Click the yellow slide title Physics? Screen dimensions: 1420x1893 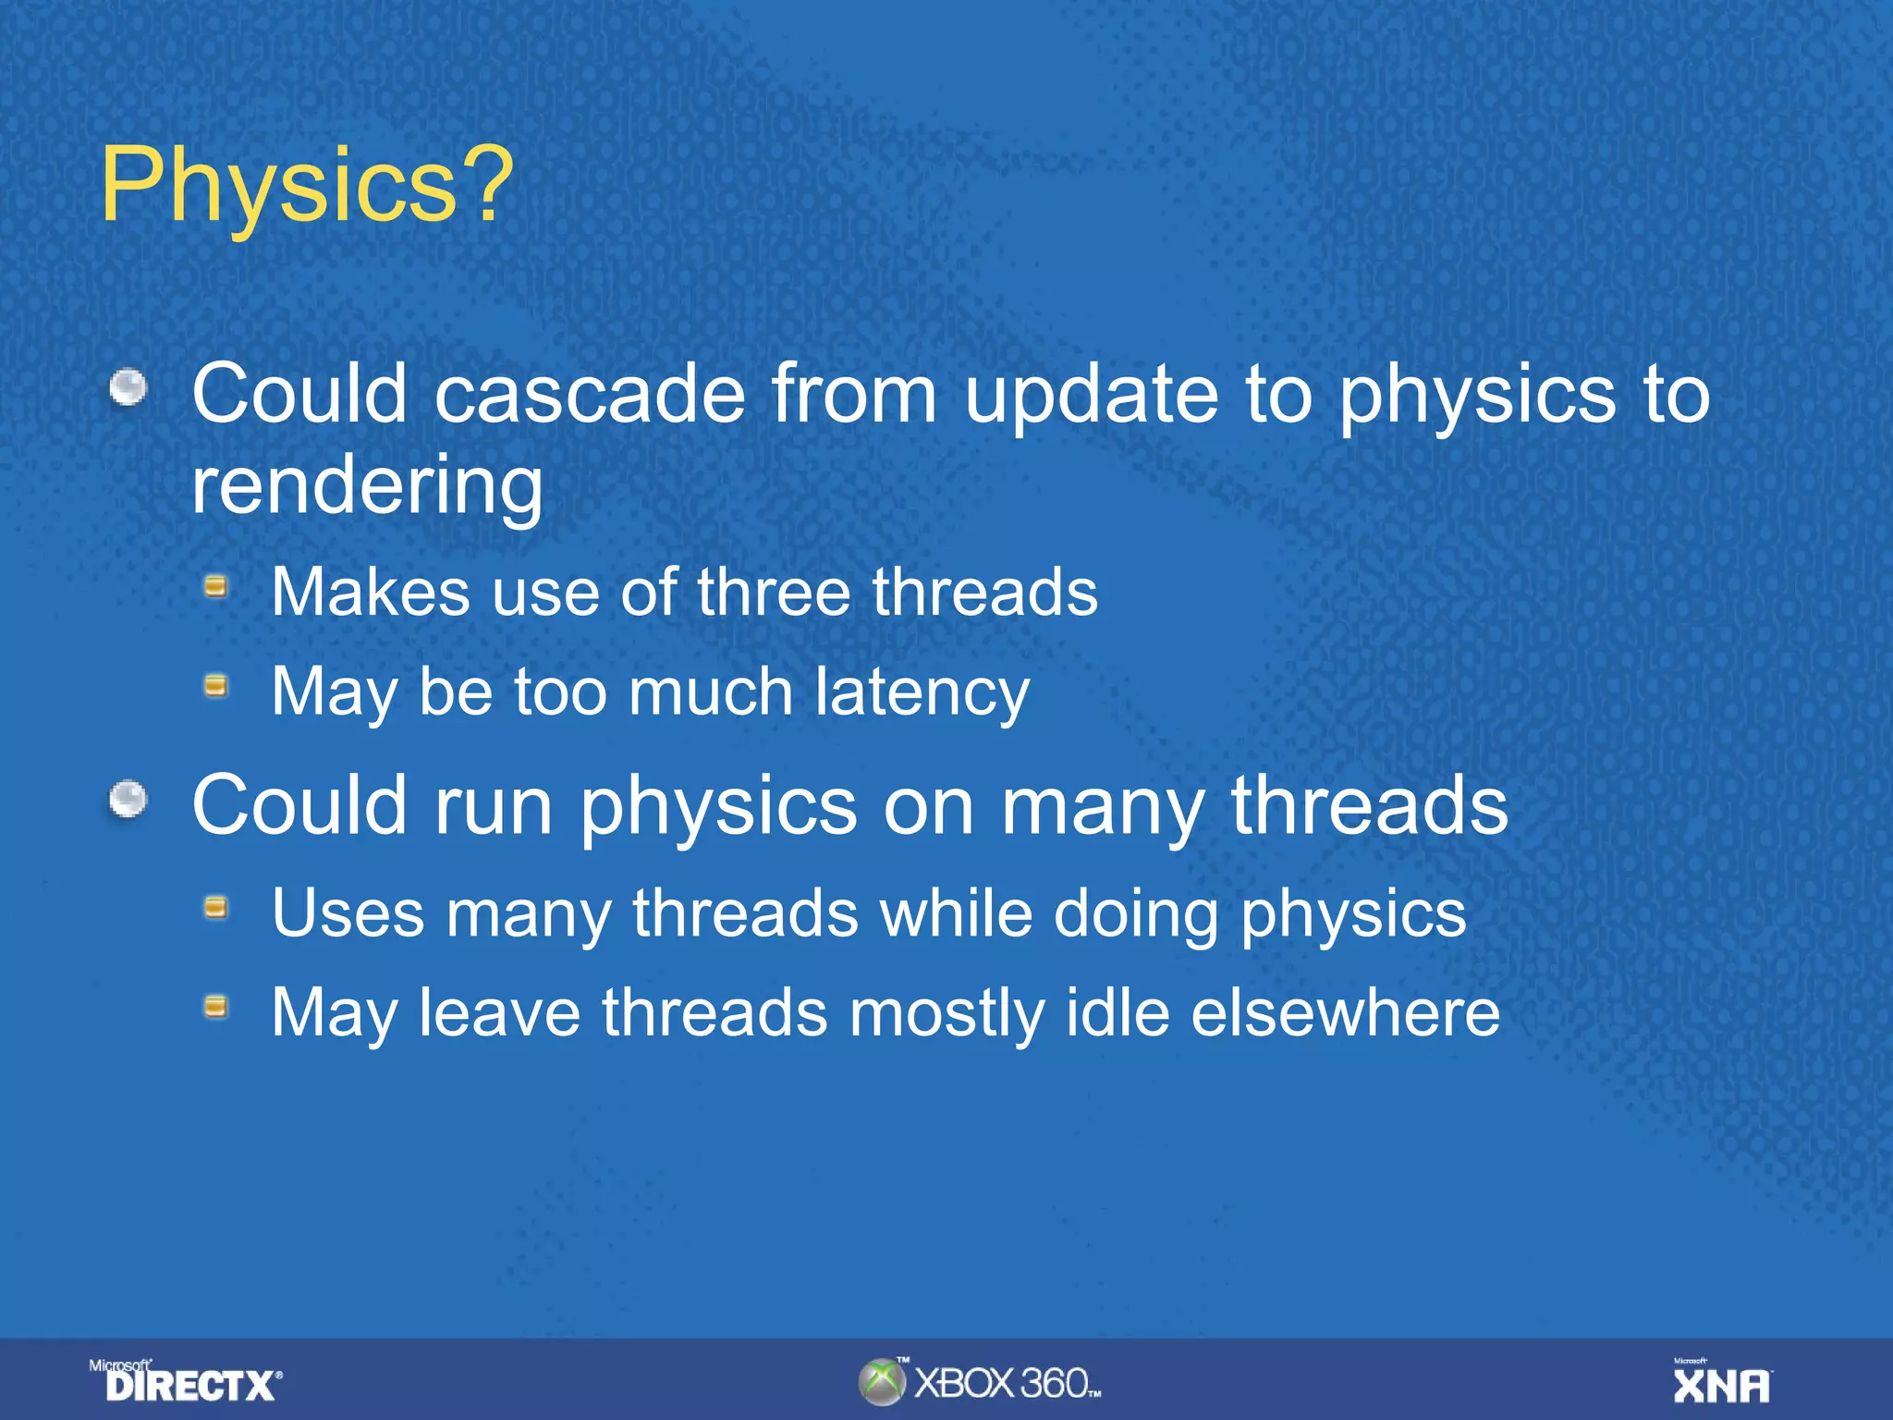[306, 185]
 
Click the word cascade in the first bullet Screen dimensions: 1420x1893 [590, 395]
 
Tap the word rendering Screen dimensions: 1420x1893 [367, 487]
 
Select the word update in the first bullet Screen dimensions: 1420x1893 [1092, 395]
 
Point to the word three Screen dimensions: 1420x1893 [773, 593]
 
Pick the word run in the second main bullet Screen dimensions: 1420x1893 [494, 806]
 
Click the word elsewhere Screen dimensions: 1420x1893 [1345, 1013]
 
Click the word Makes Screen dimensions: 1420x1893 [370, 593]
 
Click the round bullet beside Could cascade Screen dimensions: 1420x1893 [128, 387]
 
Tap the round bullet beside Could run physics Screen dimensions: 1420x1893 [128, 800]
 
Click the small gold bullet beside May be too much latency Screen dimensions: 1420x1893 [216, 685]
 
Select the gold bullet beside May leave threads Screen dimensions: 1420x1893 [216, 1006]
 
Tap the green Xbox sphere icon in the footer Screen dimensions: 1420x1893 [882, 1382]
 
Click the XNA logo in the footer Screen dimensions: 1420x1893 [1722, 1383]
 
